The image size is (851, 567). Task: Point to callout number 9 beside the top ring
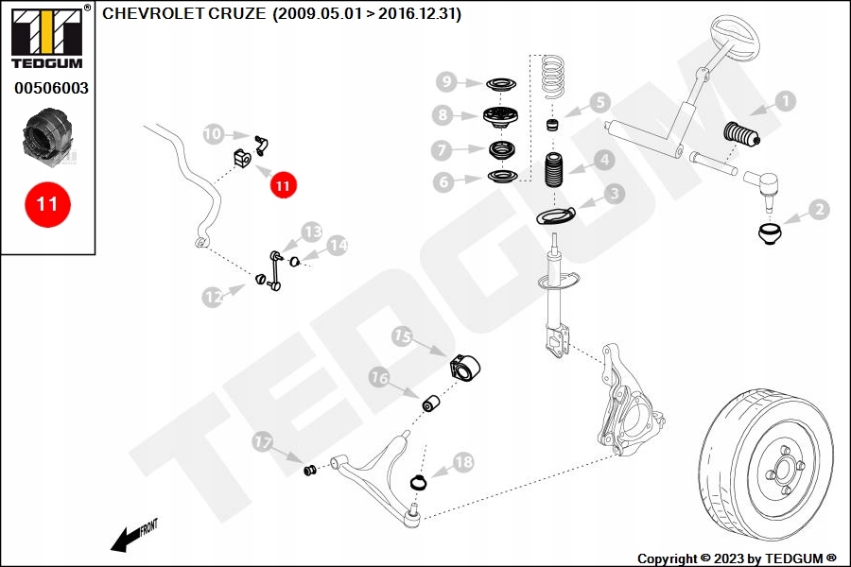(446, 82)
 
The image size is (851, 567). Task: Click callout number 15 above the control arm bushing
(402, 337)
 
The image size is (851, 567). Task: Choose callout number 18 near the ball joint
(462, 462)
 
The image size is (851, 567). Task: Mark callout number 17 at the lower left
(263, 441)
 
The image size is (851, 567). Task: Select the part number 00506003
(51, 88)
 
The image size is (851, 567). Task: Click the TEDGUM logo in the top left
(46, 35)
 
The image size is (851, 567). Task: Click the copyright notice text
(737, 558)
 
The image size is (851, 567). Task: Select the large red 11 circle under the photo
(47, 203)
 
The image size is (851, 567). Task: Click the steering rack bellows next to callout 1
(748, 137)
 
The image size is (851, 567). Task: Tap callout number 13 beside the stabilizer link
(312, 232)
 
